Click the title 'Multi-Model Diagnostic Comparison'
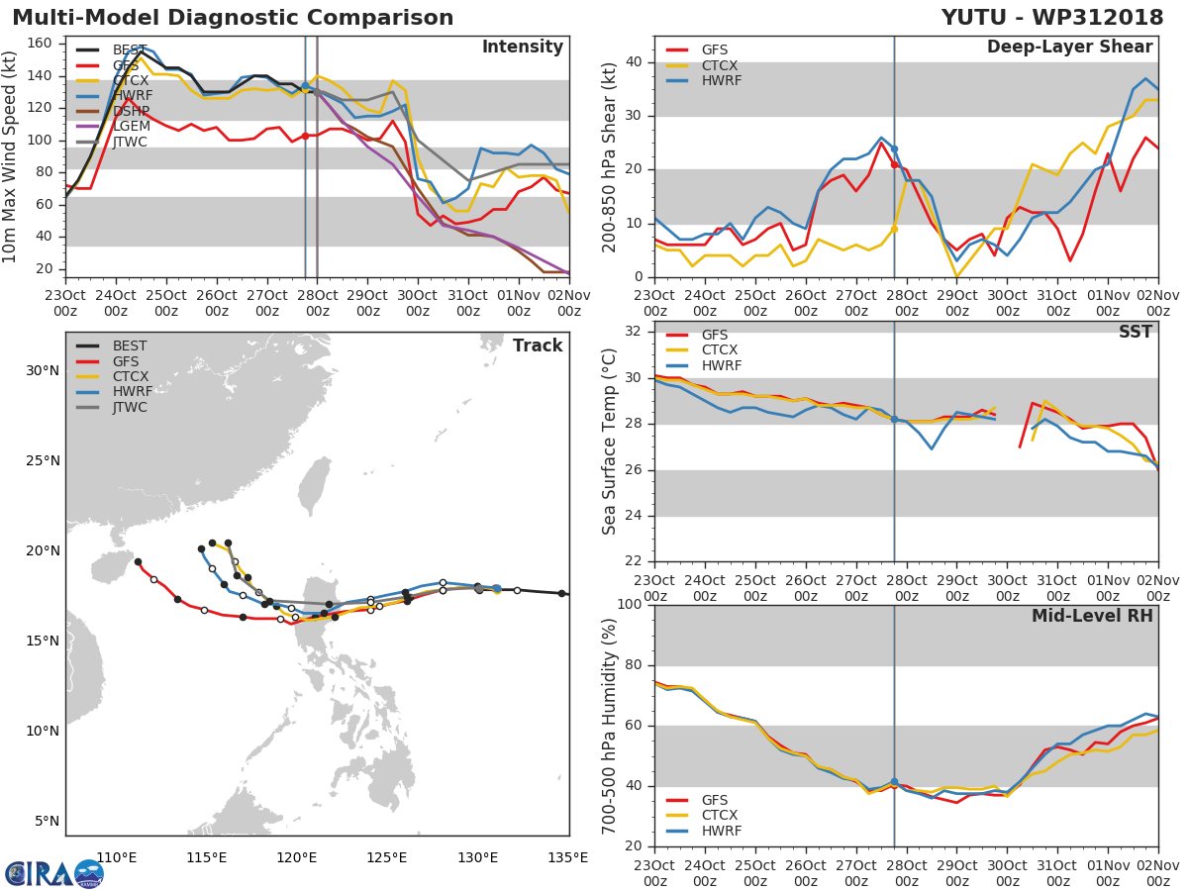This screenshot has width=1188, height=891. [x=233, y=18]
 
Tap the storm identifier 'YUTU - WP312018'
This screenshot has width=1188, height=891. [x=1052, y=18]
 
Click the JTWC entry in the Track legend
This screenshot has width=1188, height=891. [x=130, y=408]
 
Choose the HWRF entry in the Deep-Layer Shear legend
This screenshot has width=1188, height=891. [x=721, y=81]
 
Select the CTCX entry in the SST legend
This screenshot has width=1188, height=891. [x=721, y=350]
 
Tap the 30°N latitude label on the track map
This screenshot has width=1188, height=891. [x=42, y=371]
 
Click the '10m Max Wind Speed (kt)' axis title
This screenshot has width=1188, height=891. [x=11, y=155]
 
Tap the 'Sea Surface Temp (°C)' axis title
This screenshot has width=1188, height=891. [x=609, y=441]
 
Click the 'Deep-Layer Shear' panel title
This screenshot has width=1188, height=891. [x=1069, y=48]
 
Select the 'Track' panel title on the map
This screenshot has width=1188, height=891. [x=538, y=346]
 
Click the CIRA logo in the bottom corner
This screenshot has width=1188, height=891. [x=53, y=873]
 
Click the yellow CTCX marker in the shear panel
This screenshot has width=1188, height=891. [x=894, y=229]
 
